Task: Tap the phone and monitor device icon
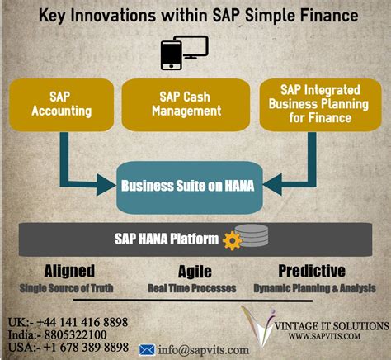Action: [x=183, y=54]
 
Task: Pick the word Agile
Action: [x=195, y=272]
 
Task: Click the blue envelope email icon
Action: [x=148, y=348]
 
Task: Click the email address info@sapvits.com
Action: [x=196, y=348]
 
